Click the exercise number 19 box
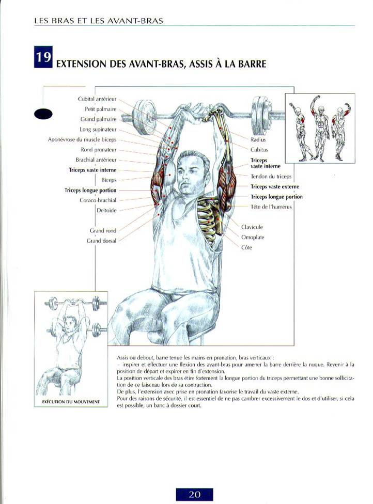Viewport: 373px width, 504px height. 43,57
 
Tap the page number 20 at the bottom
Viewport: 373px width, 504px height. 194,494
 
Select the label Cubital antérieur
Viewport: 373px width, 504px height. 97,99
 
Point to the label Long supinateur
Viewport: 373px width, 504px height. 98,130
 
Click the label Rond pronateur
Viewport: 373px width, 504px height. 98,150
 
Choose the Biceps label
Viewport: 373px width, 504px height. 108,180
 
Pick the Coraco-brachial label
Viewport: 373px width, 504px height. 98,200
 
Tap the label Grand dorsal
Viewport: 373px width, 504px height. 101,241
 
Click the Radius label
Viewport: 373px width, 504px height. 258,139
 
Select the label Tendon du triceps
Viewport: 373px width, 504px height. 271,177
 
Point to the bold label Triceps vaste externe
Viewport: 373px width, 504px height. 275,187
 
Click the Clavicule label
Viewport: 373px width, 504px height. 252,227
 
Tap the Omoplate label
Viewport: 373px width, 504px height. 253,238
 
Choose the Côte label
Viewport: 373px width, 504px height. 246,247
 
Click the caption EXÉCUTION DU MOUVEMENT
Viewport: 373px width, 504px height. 71,402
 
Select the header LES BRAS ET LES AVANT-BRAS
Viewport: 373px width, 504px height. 99,21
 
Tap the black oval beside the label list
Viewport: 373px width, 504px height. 43,114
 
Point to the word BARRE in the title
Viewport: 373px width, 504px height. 253,64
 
